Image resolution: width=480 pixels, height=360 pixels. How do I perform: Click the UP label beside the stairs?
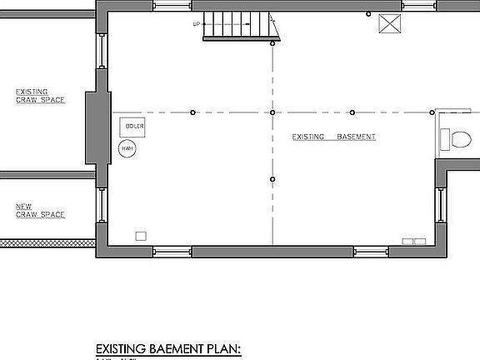pyautogui.click(x=197, y=24)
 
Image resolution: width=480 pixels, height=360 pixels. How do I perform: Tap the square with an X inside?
pyautogui.click(x=390, y=24)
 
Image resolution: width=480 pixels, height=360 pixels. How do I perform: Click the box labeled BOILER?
pyautogui.click(x=135, y=127)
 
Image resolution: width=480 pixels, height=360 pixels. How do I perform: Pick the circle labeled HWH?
pyautogui.click(x=127, y=149)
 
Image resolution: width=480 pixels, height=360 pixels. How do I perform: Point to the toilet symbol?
pyautogui.click(x=455, y=139)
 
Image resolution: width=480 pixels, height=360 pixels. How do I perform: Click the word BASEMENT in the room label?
pyautogui.click(x=357, y=137)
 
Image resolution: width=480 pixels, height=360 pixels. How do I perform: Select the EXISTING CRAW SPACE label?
pyautogui.click(x=34, y=96)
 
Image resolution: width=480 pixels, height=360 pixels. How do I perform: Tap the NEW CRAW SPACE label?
pyautogui.click(x=34, y=210)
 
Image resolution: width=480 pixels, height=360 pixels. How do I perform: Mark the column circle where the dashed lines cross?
pyautogui.click(x=272, y=112)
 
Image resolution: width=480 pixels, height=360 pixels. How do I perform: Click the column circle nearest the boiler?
pyautogui.click(x=192, y=112)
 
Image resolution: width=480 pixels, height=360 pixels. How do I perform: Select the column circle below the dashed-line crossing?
pyautogui.click(x=272, y=179)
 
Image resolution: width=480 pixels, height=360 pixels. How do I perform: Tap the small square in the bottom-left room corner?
pyautogui.click(x=141, y=236)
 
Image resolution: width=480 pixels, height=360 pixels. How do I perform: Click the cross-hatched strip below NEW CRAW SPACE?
pyautogui.click(x=45, y=243)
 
